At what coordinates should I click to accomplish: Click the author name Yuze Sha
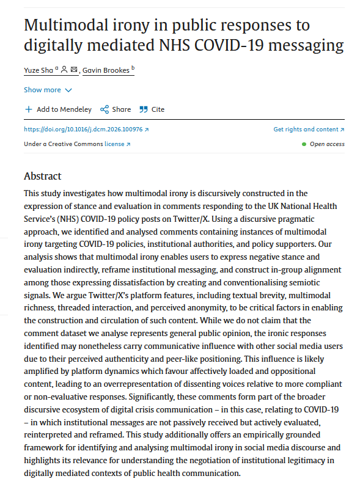(x=38, y=70)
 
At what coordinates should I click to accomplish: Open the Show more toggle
(x=48, y=90)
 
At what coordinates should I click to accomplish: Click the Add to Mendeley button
(x=59, y=109)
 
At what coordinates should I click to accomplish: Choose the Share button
(x=116, y=109)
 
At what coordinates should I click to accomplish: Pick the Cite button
(x=152, y=109)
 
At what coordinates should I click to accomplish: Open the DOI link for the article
(x=86, y=130)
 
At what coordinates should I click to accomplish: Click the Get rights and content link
(x=309, y=130)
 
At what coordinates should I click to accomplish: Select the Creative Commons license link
(x=114, y=144)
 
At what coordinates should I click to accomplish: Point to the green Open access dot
(x=304, y=144)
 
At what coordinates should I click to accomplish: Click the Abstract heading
(x=43, y=176)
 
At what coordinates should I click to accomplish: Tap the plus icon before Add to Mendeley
(x=28, y=109)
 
